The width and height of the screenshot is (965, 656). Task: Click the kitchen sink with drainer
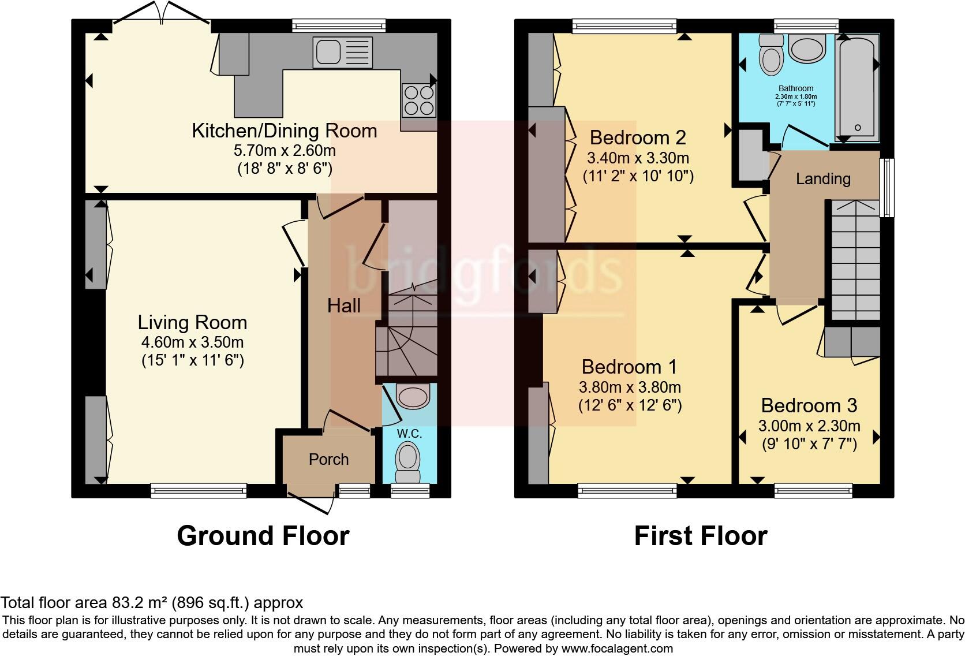tap(342, 52)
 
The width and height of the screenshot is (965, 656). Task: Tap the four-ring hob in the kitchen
tap(419, 100)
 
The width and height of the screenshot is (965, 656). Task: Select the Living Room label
tap(192, 322)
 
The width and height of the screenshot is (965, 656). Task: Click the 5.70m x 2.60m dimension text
tap(285, 150)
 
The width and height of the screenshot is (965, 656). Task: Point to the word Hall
tap(344, 305)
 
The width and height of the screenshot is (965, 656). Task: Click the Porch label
tap(329, 460)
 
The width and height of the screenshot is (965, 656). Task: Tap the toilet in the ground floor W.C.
tap(408, 463)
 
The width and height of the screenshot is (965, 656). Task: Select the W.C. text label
tap(409, 434)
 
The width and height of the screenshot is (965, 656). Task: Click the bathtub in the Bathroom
tap(857, 88)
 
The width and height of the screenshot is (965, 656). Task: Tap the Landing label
tap(823, 178)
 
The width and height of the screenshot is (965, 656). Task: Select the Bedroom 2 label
tap(638, 137)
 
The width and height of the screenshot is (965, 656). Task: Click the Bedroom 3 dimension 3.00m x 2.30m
tap(809, 426)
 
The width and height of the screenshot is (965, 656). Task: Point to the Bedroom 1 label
tap(629, 367)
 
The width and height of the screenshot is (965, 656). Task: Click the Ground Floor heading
tap(263, 536)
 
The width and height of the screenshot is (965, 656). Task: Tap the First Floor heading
tap(701, 536)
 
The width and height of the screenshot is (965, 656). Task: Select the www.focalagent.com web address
tap(617, 648)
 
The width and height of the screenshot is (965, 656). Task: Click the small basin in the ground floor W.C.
tap(413, 396)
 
